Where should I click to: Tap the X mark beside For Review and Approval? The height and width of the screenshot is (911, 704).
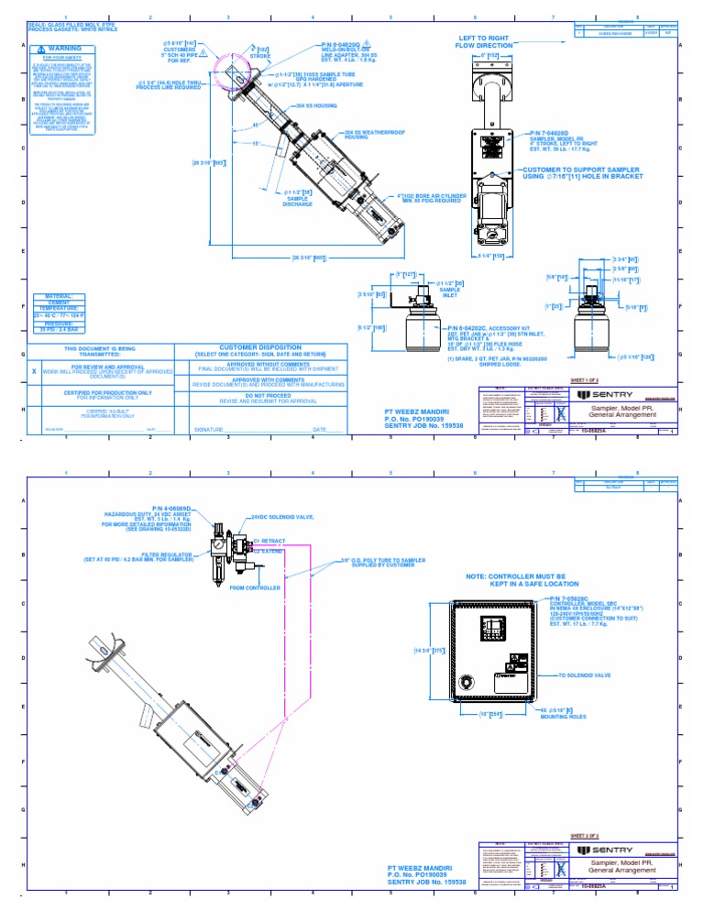tap(34, 373)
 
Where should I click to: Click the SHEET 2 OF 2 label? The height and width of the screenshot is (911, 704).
tap(583, 835)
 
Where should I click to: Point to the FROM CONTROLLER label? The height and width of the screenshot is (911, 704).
tap(248, 587)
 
